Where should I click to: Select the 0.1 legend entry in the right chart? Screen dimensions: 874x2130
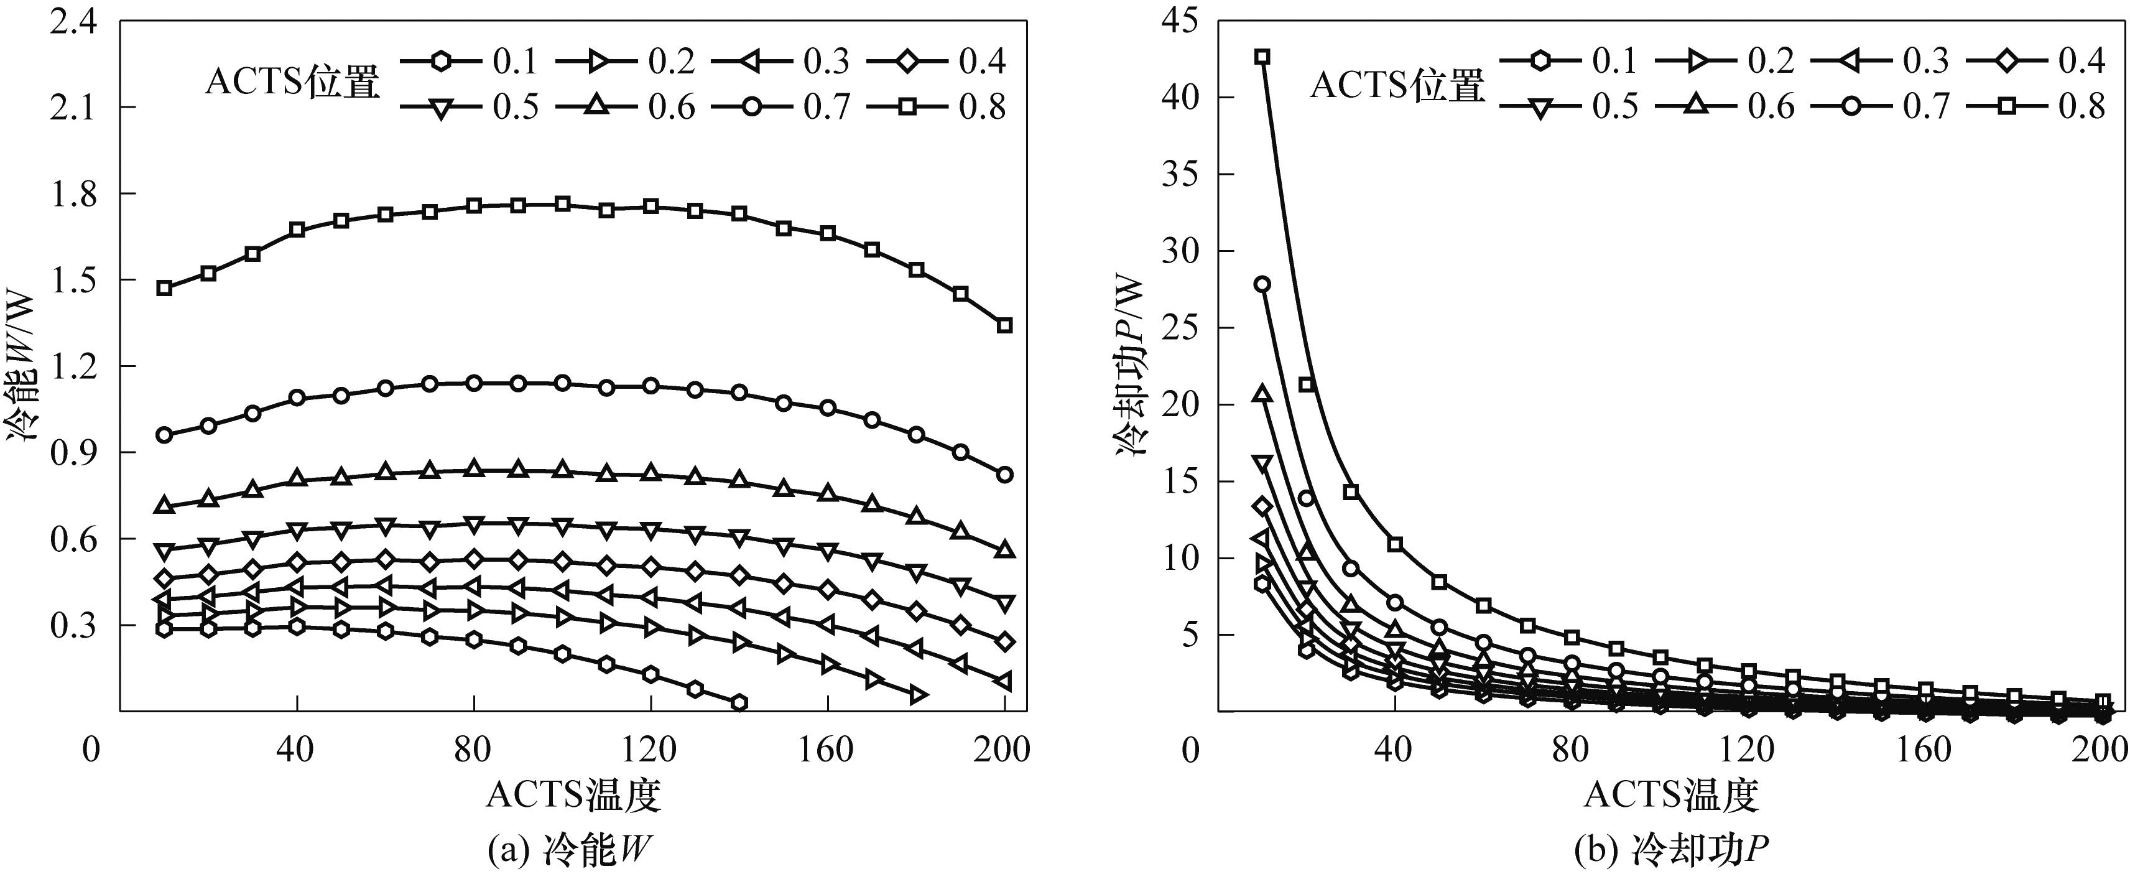click(x=1568, y=60)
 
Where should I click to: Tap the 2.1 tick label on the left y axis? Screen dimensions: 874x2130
click(x=72, y=108)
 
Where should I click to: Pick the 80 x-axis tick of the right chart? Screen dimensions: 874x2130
click(x=1570, y=750)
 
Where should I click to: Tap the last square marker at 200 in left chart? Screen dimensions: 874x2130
click(x=1004, y=325)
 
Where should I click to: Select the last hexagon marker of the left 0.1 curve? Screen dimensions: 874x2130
click(x=739, y=702)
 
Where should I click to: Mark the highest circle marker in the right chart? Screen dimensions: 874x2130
click(x=1262, y=284)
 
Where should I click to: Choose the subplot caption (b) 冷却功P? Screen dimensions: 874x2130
click(x=1669, y=850)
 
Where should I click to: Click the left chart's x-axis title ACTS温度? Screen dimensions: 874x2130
click(x=573, y=794)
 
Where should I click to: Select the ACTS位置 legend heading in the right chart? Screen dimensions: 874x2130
click(x=1397, y=85)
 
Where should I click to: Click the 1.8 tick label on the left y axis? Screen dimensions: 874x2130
click(x=72, y=194)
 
